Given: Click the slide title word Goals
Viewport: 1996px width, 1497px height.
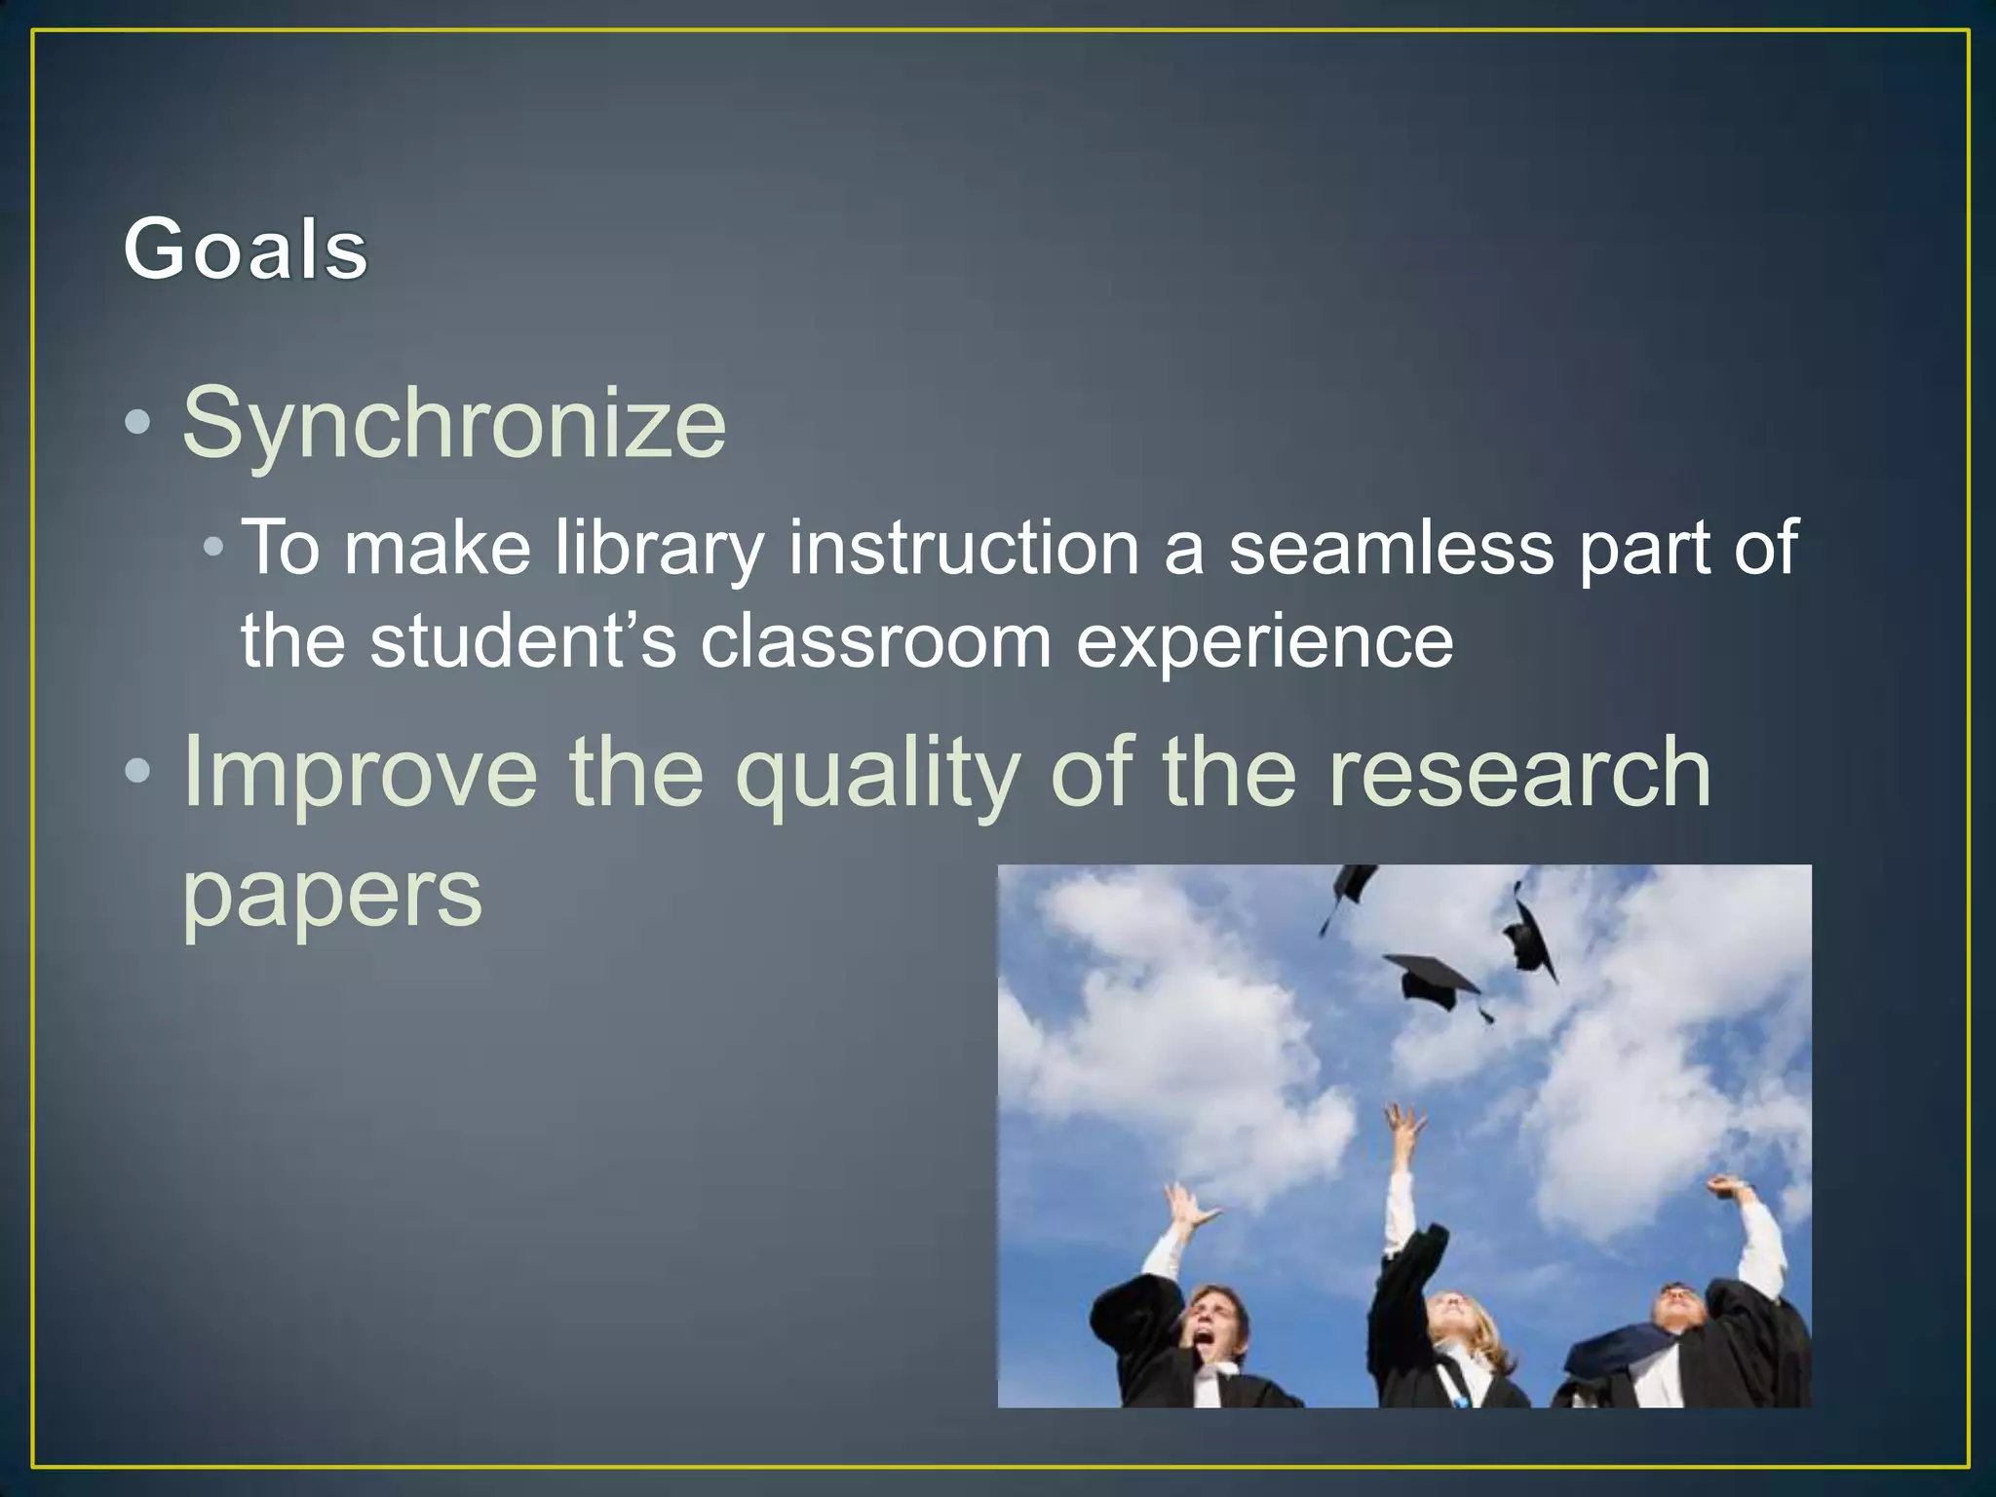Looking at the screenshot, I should pyautogui.click(x=246, y=249).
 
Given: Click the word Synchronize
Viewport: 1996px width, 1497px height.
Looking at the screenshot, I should pyautogui.click(x=454, y=423).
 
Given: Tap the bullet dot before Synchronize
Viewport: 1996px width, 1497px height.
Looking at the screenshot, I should pyautogui.click(x=138, y=422).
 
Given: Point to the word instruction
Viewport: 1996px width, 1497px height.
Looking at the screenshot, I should pyautogui.click(x=964, y=548).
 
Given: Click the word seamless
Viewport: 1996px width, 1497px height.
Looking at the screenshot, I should pyautogui.click(x=1391, y=548).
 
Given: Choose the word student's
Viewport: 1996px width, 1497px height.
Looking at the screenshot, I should pyautogui.click(x=523, y=641).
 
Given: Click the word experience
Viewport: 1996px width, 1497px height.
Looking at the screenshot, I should pyautogui.click(x=1264, y=641).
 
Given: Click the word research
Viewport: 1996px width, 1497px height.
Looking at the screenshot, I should pyautogui.click(x=1519, y=772).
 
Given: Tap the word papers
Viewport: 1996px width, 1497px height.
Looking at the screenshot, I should pyautogui.click(x=332, y=895).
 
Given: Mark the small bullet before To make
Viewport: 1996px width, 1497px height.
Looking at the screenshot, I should pyautogui.click(x=213, y=548).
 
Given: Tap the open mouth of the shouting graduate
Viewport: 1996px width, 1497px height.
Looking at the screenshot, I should pyautogui.click(x=1205, y=1344).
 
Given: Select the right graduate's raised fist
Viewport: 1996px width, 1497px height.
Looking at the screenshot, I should pyautogui.click(x=1724, y=1187).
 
